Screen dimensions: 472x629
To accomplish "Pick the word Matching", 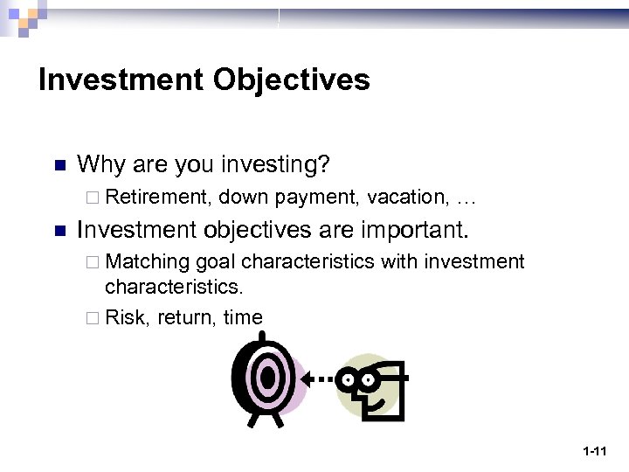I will [x=148, y=262].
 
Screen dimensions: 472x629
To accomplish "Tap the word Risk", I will [x=127, y=317].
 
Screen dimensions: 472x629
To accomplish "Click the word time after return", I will [x=243, y=317].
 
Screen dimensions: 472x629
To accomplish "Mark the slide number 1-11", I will [x=594, y=451].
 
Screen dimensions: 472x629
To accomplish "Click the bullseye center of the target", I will [x=266, y=378].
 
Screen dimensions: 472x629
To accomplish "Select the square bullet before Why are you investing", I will [x=60, y=165].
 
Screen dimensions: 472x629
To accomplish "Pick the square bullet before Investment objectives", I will [x=60, y=232].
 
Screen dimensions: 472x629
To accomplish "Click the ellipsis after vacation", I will [x=466, y=200].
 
